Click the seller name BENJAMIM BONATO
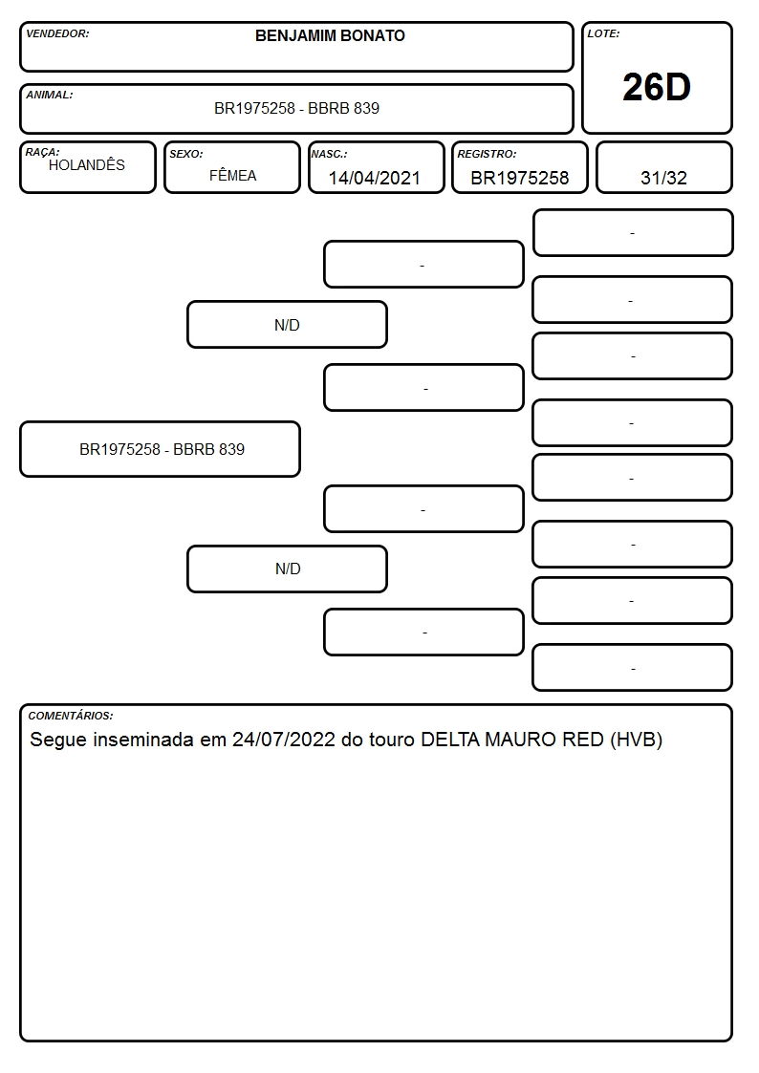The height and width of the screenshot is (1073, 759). coord(330,35)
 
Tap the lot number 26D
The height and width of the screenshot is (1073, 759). coord(657,87)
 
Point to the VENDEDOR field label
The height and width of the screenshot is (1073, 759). coord(57,33)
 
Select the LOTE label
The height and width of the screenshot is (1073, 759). coord(603,33)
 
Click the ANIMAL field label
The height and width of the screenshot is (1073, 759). coord(50,96)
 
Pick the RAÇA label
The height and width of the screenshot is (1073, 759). coord(42,152)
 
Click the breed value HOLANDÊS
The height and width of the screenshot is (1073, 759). coord(87,165)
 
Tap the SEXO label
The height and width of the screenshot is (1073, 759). coord(186,154)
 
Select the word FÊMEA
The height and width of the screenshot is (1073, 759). coord(232,176)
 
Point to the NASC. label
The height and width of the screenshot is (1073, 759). coord(329,154)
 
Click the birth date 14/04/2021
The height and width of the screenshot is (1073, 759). coord(375,178)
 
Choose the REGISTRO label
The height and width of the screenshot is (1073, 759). coord(487,154)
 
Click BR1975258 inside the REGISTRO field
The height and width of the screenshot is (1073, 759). coord(519,178)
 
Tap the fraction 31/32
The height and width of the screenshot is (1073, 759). coord(663,178)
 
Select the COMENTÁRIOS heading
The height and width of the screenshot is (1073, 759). coord(71,716)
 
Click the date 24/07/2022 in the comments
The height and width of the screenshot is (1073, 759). coord(283,740)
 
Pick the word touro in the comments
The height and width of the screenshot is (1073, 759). coord(392,740)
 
